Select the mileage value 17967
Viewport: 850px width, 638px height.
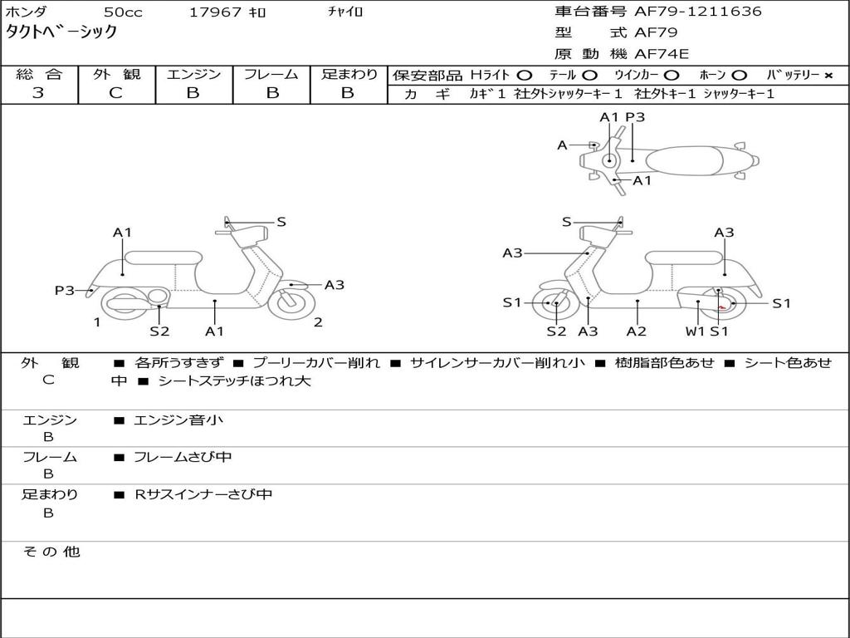click(215, 12)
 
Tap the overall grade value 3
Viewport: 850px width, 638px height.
click(38, 93)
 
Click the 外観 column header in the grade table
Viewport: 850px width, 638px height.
click(116, 74)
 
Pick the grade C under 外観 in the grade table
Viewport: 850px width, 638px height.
click(116, 93)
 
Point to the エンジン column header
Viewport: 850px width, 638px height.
click(193, 74)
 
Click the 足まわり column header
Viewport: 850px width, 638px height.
click(349, 74)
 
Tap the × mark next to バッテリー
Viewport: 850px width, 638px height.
click(828, 75)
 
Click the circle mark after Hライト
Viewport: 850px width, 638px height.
click(525, 75)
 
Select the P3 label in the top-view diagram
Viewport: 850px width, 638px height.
click(635, 117)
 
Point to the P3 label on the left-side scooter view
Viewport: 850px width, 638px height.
click(65, 290)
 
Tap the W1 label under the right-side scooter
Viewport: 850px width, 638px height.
click(695, 331)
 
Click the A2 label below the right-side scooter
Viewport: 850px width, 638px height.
click(637, 331)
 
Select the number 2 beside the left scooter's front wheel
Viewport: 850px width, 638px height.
click(318, 322)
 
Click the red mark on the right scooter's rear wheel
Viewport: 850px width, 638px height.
click(723, 307)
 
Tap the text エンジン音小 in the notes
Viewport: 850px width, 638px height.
click(178, 420)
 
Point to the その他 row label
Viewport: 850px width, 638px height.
click(51, 552)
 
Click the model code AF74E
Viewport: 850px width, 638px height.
click(662, 54)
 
